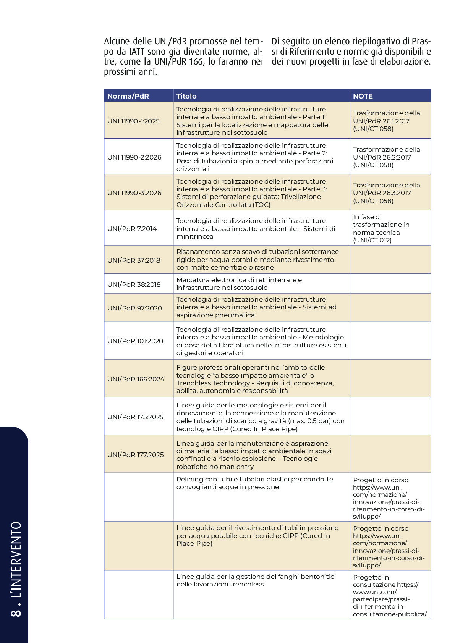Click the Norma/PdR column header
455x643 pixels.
click(x=128, y=96)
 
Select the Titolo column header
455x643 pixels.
click(x=186, y=96)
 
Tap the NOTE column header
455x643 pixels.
click(x=363, y=96)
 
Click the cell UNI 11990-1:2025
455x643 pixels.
click(x=133, y=121)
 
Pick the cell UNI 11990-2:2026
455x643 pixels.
click(x=134, y=157)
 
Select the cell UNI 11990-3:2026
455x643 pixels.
click(x=134, y=193)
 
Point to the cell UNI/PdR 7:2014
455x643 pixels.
click(x=132, y=229)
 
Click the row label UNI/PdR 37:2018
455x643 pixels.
click(x=134, y=260)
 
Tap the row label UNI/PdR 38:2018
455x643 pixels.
click(x=134, y=284)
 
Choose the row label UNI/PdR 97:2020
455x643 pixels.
click(x=134, y=308)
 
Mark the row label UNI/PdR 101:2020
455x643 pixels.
click(x=135, y=341)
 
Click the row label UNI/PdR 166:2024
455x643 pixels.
click(x=136, y=379)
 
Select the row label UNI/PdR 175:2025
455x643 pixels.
click(x=135, y=417)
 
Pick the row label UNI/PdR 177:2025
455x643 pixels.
click(x=135, y=455)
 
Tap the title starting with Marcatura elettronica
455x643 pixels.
click(x=239, y=284)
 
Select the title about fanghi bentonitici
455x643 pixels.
click(x=256, y=580)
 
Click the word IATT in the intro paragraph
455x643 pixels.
click(x=137, y=52)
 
